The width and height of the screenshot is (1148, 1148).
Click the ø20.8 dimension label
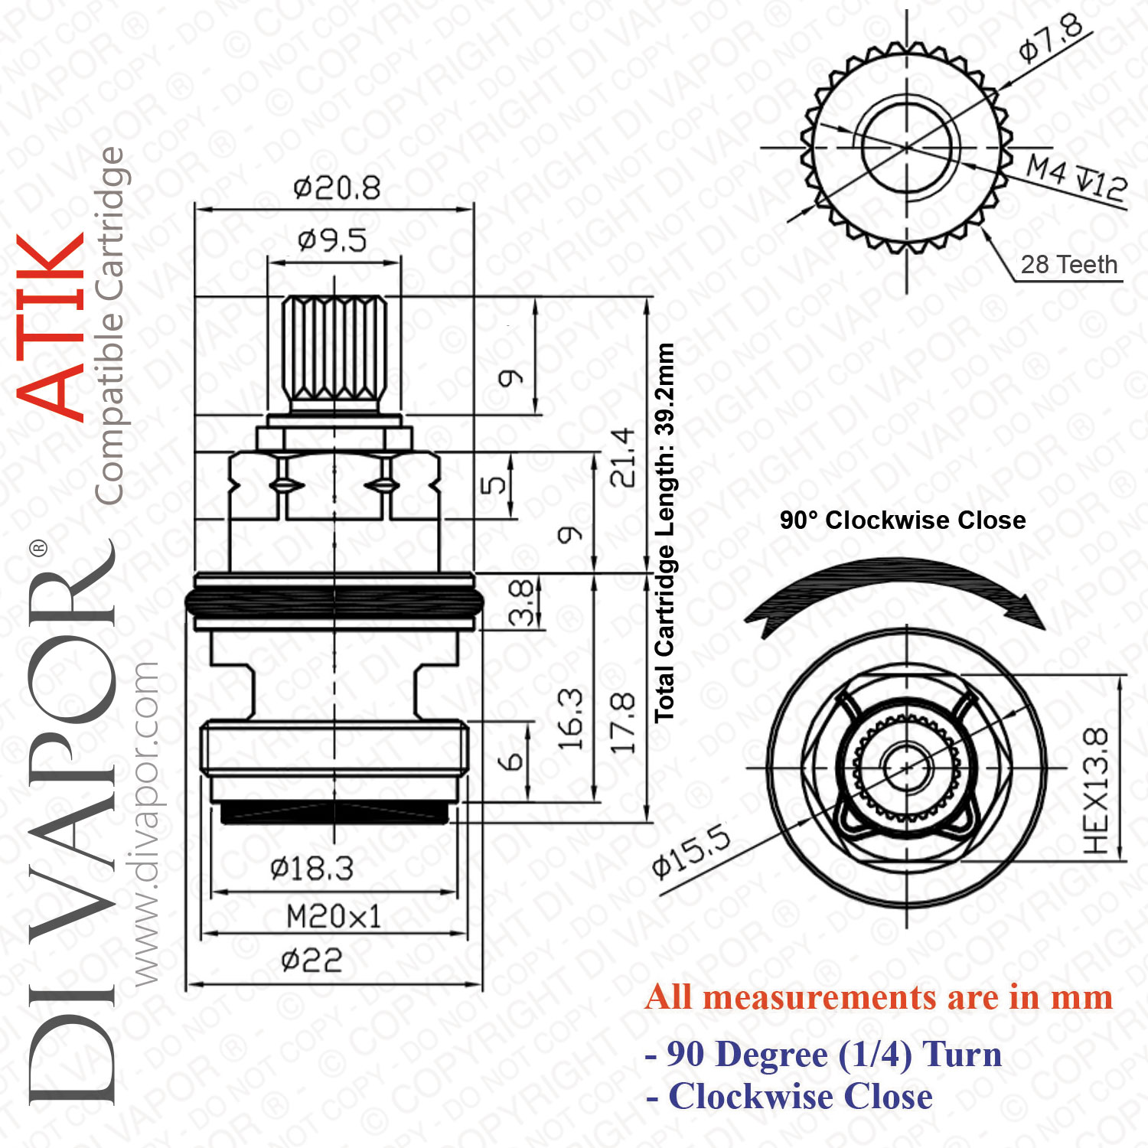337,188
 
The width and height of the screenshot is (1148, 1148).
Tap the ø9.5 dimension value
332,240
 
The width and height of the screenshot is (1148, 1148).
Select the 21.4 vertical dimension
623,458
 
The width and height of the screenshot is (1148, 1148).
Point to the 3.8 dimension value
521,602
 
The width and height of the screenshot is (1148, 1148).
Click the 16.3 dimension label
570,719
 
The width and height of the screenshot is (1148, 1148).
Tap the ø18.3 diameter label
311,869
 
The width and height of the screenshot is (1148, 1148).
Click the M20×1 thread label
334,916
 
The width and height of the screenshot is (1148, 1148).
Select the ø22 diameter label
311,960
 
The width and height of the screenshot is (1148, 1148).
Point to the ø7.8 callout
1052,38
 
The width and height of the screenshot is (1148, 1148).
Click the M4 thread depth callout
1077,177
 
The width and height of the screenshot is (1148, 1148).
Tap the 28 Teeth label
1069,265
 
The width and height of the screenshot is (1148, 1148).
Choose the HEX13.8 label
1096,791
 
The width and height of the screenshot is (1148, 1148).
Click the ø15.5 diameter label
691,851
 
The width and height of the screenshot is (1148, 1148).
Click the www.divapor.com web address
145,823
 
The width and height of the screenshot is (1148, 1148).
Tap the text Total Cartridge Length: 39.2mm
664,533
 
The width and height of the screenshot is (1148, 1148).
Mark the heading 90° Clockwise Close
903,520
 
